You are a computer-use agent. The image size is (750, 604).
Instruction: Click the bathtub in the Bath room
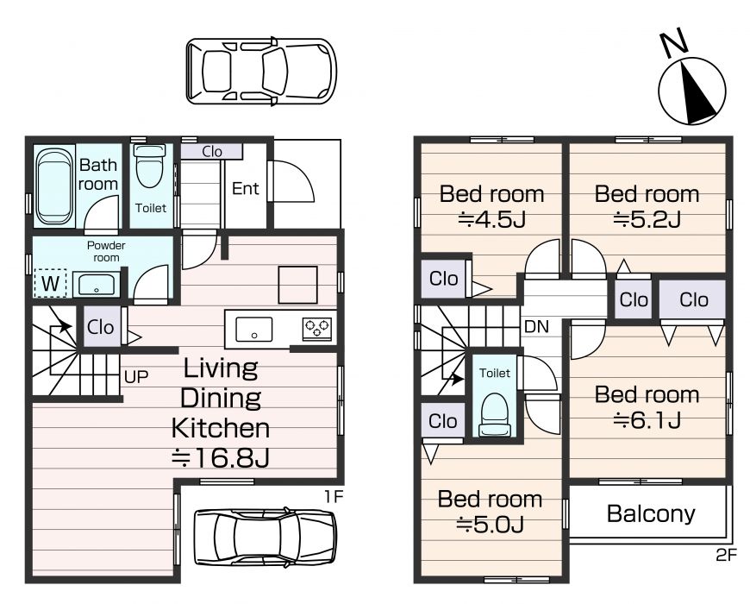coord(54,186)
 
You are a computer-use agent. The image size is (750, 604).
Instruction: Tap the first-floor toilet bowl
coord(150,166)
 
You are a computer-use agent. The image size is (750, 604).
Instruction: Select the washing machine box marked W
coord(50,283)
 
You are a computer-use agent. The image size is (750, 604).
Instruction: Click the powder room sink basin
coord(97,285)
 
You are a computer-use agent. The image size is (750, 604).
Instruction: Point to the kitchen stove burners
coord(316,329)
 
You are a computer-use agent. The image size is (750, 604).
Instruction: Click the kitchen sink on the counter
coord(254,330)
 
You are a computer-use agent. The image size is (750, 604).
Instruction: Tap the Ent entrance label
coord(246,189)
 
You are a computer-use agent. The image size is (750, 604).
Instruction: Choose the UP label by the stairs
coord(136,377)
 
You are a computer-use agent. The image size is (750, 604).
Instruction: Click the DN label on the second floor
coord(537,326)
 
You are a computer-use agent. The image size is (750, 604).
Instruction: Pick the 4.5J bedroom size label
coord(492,220)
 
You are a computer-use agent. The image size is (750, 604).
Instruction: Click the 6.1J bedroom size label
coord(647,420)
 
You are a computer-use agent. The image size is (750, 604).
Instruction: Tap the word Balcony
coord(651,513)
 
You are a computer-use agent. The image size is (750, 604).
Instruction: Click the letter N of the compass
coord(673,44)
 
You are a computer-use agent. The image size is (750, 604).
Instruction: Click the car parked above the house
coord(261,72)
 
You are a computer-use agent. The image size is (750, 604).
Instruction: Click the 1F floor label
coord(334,497)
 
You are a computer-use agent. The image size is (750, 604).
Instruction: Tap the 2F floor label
coord(726,555)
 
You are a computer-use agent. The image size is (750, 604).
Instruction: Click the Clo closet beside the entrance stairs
coord(211,152)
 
